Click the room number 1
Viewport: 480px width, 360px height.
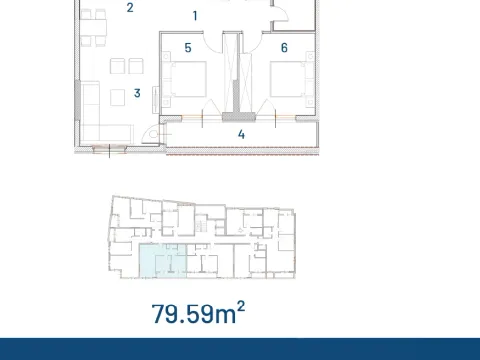click(195, 16)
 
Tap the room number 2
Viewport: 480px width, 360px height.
click(130, 8)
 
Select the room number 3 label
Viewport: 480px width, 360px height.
click(136, 94)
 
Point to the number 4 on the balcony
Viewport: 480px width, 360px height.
click(241, 133)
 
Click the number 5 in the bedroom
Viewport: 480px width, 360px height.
click(187, 47)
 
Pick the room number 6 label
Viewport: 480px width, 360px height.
click(284, 47)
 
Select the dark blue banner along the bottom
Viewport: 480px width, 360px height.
click(240, 349)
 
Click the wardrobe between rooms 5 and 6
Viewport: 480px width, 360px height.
click(236, 75)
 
